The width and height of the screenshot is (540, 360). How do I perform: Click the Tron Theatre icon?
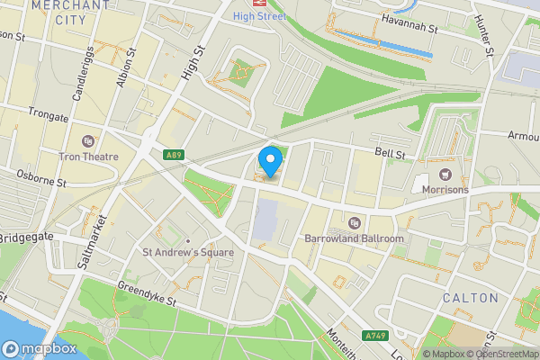(87, 140)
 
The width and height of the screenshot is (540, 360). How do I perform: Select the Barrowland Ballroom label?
(354, 238)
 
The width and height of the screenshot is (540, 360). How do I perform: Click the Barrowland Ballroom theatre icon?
(354, 222)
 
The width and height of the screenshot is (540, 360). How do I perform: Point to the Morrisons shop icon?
(443, 174)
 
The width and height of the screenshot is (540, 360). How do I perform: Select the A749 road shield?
(375, 336)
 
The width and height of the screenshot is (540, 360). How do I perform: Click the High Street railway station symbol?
(256, 3)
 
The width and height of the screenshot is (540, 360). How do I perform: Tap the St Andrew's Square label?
(187, 253)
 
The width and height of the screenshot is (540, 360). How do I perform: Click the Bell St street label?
(391, 155)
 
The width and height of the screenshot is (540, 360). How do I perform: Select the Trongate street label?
(48, 114)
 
